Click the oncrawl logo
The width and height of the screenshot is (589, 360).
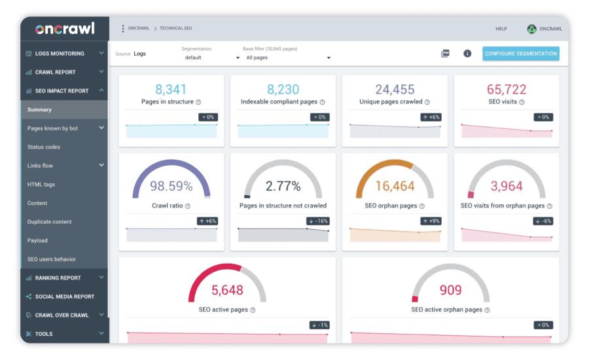coord(65,29)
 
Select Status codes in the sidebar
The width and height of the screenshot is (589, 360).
coord(44,147)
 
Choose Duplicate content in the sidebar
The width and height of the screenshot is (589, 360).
coord(49,222)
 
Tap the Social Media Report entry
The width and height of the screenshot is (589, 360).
coord(65,297)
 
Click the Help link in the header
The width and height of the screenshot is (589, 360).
coord(501,29)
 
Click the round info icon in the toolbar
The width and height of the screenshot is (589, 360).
coord(467,54)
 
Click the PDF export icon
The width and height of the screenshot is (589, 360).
coord(445,54)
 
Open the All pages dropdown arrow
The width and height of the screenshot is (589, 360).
coord(329,58)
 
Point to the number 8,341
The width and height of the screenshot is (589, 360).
coord(171,90)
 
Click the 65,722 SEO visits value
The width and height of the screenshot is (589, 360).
coord(507,90)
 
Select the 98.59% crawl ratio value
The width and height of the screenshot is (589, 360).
coord(171,186)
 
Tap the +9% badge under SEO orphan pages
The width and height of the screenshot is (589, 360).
coord(431,221)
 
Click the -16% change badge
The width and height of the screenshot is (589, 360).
coord(319,221)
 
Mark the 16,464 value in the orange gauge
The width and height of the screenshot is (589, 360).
coord(395,186)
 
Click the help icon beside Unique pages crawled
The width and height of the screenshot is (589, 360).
coord(427,102)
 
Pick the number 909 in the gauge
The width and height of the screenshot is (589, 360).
coord(450,290)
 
